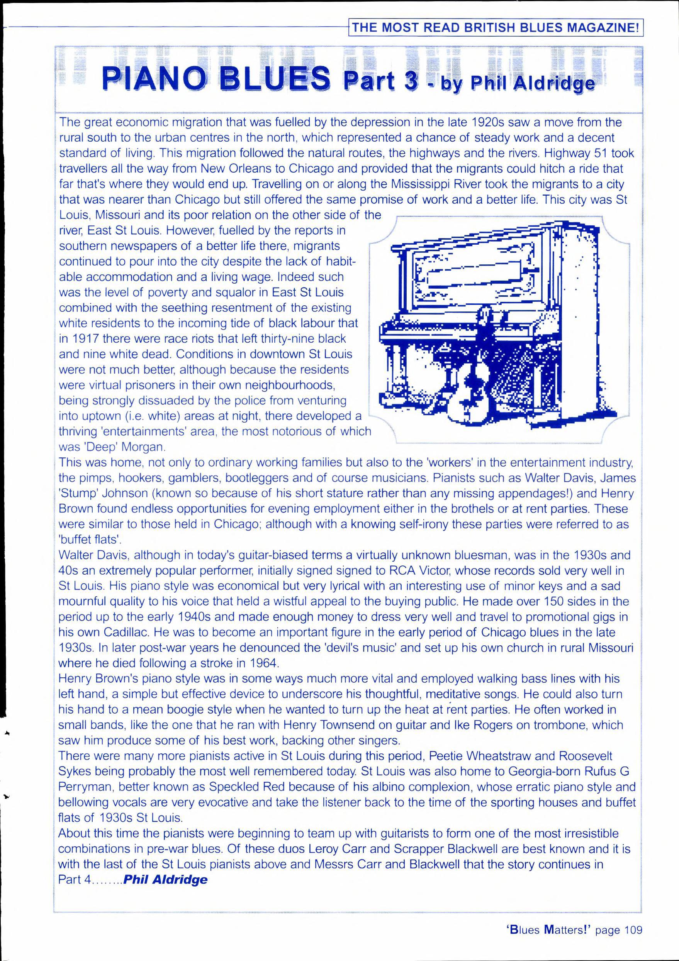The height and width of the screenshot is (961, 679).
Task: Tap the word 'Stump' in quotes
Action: click(x=76, y=494)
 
